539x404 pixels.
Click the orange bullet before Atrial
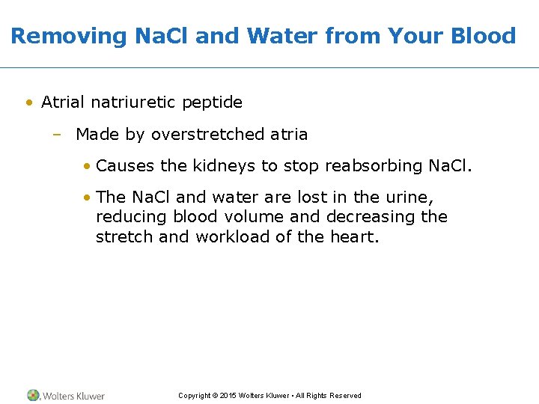click(28, 102)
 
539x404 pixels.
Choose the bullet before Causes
click(88, 166)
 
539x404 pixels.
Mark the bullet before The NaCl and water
click(88, 198)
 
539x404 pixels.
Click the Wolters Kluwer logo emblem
click(34, 395)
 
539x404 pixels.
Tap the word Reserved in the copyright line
click(345, 396)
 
